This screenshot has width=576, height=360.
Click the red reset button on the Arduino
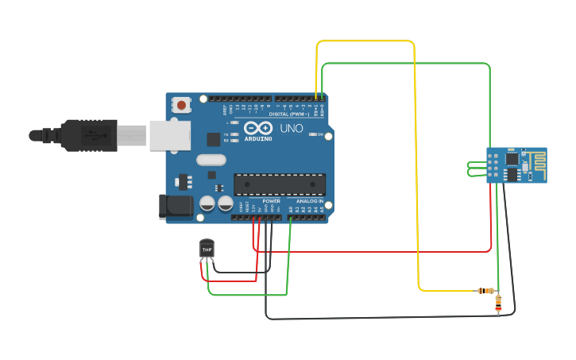coord(182,105)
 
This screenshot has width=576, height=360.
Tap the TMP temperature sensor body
coord(207,250)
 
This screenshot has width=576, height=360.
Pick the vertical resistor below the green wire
coord(498,302)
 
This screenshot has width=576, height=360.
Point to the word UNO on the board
coord(291,129)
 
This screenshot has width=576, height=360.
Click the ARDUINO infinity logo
coord(257,129)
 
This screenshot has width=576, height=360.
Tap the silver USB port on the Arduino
coord(170,134)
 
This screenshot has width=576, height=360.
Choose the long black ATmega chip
coord(279,184)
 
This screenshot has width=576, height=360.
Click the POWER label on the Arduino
coord(271,201)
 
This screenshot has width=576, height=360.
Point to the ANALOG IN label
coord(310,201)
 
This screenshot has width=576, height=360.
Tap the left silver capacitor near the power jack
coord(207,203)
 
